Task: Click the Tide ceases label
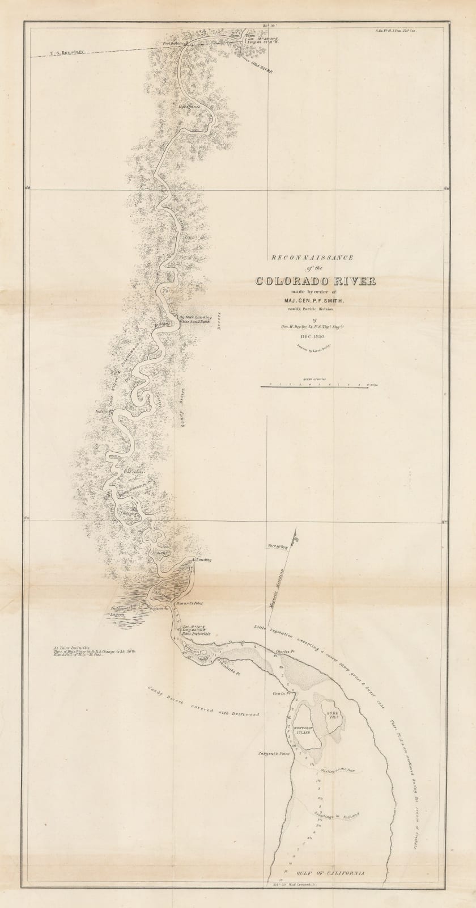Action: click(x=134, y=472)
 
